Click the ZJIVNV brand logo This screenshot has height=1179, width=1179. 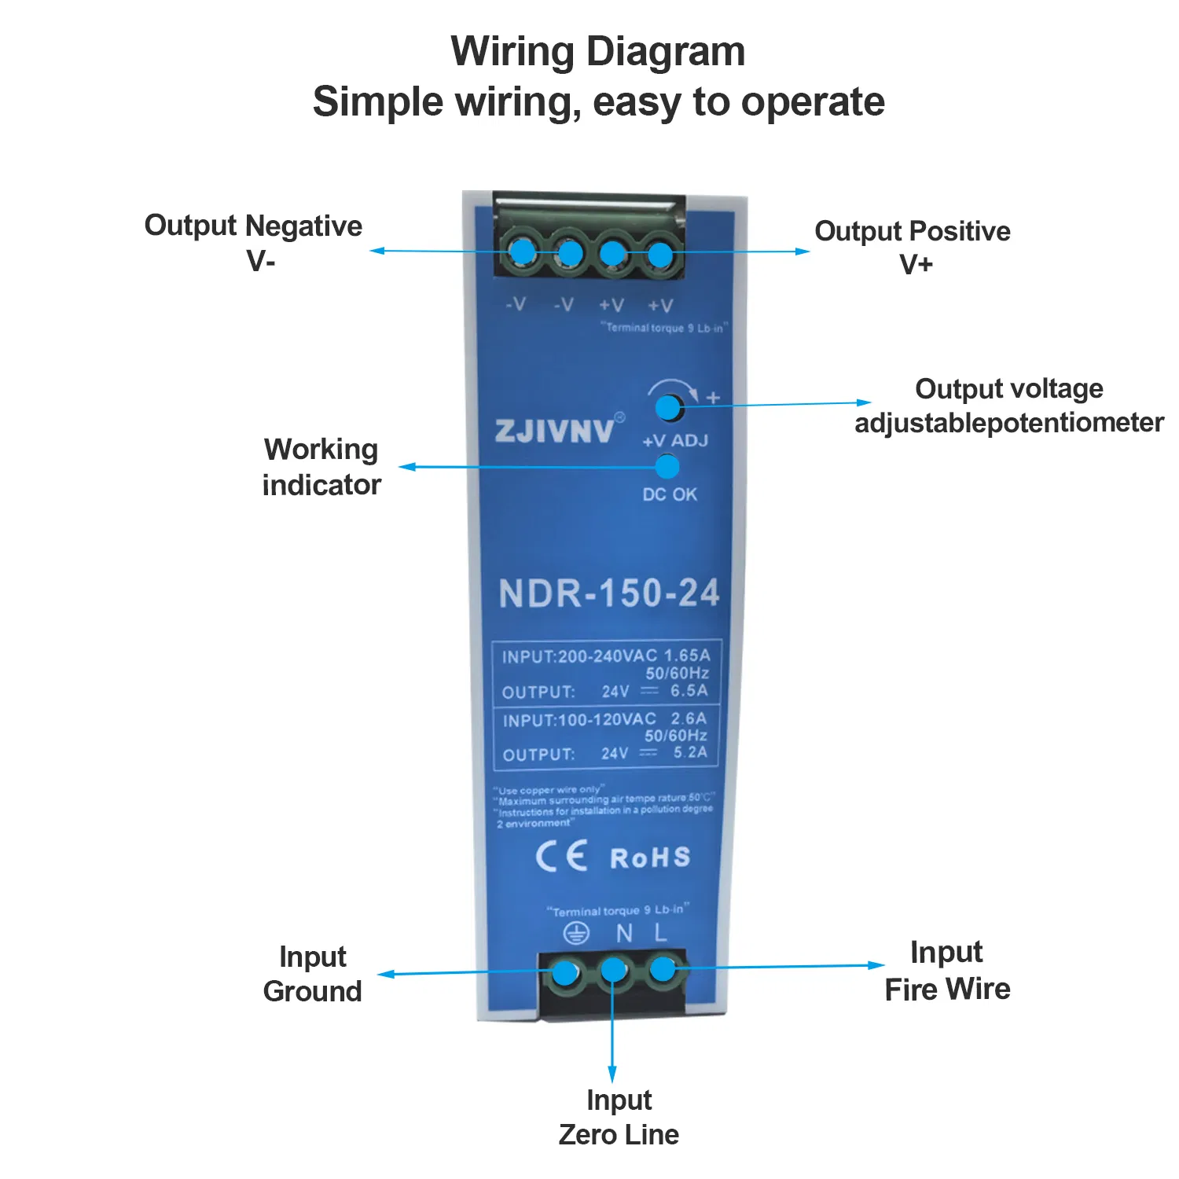(x=554, y=431)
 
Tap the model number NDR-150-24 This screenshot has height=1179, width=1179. (x=609, y=593)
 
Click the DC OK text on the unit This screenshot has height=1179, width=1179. (x=670, y=494)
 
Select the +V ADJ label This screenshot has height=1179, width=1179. (x=675, y=441)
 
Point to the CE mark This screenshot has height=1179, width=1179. (x=561, y=856)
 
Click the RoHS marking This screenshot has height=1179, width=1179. (x=650, y=858)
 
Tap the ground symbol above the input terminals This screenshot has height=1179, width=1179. (x=576, y=933)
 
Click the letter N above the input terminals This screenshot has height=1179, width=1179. (x=624, y=933)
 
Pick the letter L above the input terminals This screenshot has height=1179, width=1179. (x=660, y=933)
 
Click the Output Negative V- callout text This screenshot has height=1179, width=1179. (x=253, y=242)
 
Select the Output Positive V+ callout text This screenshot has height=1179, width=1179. (x=913, y=247)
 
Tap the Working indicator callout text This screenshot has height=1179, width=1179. (x=321, y=467)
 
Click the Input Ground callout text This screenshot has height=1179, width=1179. (x=313, y=974)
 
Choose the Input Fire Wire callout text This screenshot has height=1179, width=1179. (x=947, y=971)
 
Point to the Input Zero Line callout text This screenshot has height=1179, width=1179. (x=619, y=1117)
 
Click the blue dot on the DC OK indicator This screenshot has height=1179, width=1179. (x=667, y=467)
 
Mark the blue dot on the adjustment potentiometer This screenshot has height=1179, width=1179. (x=667, y=407)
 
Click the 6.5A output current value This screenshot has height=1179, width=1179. (x=689, y=691)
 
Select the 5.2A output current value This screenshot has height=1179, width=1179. (x=689, y=753)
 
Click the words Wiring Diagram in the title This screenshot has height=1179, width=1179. (x=598, y=52)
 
